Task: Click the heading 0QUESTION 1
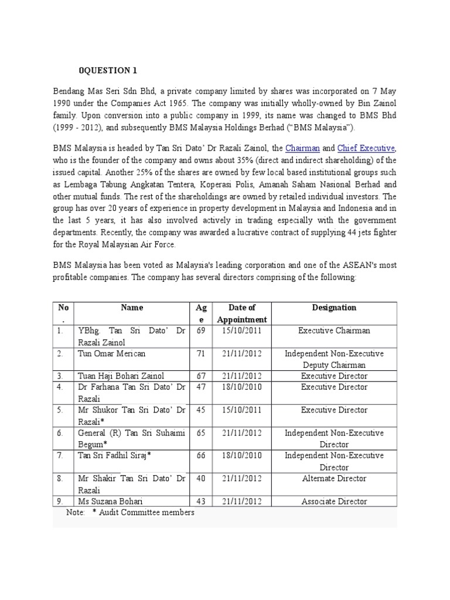[x=108, y=71]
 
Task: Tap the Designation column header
[x=334, y=308]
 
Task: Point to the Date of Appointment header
[x=242, y=313]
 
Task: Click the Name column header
[x=132, y=308]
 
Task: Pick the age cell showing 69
[x=201, y=330]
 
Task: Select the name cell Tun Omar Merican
[x=111, y=354]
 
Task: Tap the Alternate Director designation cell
[x=334, y=479]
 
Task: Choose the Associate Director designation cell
[x=334, y=502]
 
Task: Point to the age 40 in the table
[x=201, y=479]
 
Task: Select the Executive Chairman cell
[x=334, y=330]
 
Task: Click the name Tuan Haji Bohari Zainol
[x=121, y=376]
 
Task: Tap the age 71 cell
[x=201, y=354]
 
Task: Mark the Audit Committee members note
[x=143, y=513]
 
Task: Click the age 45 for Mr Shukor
[x=201, y=410]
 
